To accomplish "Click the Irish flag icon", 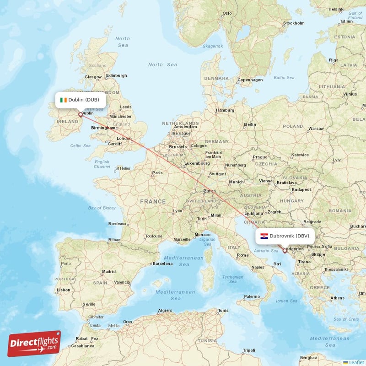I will pos(63,100).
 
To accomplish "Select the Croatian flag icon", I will pos(264,236).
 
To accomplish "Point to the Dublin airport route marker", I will pos(81,115).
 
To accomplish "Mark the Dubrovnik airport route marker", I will pos(285,251).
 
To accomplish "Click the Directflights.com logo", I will pos(34,344).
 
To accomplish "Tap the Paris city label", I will pos(157,173).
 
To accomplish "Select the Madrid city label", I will pos(109,271).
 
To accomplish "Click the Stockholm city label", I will pos(294,23).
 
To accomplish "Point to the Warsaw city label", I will pos(316,129).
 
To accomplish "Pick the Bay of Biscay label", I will pos(102,208).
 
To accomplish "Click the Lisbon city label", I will pos(63,290).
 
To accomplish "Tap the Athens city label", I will pos(338,298).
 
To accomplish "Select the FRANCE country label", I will pos(153,201).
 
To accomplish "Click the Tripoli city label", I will pos(249,350).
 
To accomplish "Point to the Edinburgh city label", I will pos(116,75).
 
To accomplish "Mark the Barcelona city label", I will pos(162,264).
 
